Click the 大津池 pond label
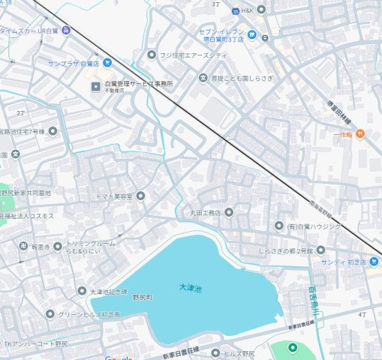(191, 286)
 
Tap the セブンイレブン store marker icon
(252, 34)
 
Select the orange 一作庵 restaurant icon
(360, 133)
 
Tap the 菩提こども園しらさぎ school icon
(203, 78)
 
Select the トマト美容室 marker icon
(140, 196)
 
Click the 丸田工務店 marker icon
(229, 212)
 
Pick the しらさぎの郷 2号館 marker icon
(320, 250)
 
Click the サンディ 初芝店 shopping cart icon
(375, 261)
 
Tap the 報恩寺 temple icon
(23, 245)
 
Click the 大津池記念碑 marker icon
(82, 291)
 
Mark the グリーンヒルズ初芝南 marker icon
(50, 314)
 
